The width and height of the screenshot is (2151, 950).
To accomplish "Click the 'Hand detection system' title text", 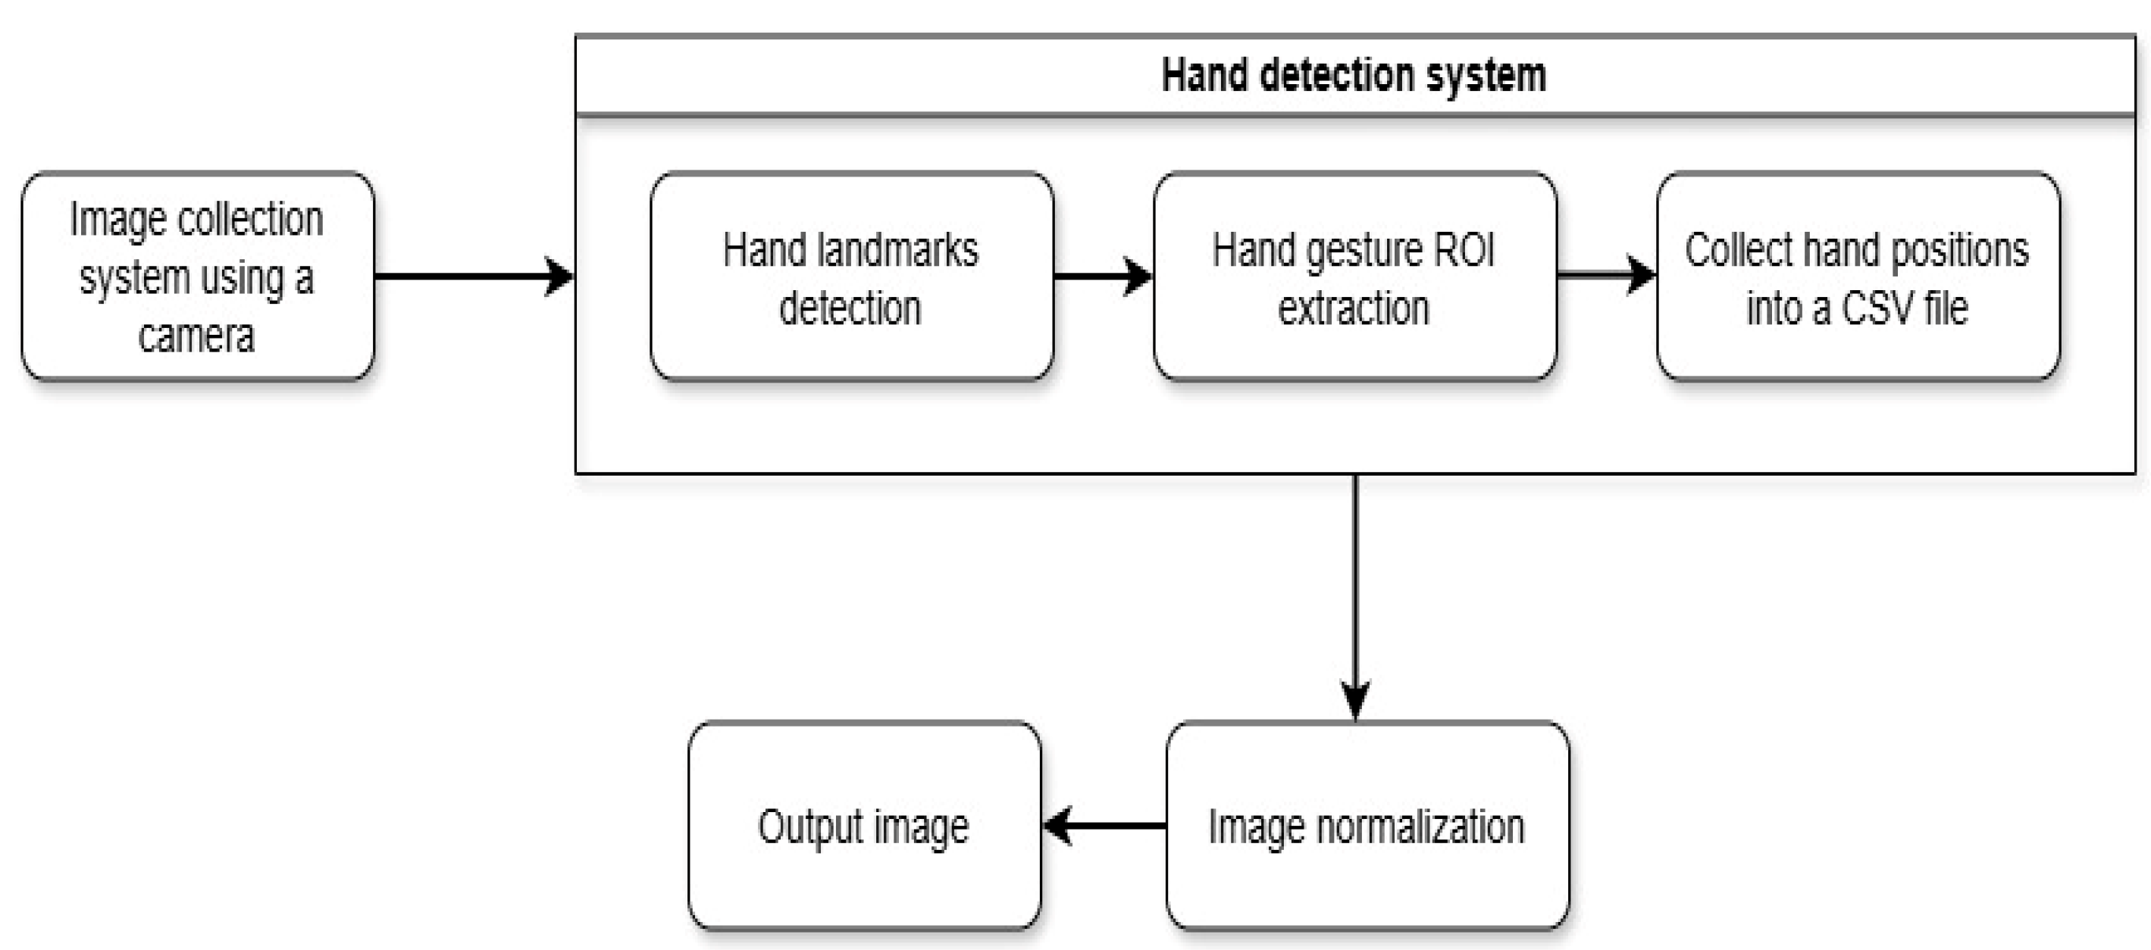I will click(x=1353, y=75).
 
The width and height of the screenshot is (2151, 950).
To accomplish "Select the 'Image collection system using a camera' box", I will click(x=198, y=276).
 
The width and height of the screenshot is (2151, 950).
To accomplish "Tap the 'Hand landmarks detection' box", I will click(x=851, y=276).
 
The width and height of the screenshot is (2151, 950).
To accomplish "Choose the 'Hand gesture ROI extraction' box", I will click(x=1354, y=276).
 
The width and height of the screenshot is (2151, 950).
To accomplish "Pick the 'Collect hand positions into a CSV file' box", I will click(x=1857, y=276).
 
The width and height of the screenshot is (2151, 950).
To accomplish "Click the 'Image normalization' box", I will click(x=1366, y=826).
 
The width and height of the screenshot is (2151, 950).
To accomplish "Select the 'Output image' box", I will click(x=863, y=826).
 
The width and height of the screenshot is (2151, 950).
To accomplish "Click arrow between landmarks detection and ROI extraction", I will click(x=1102, y=276).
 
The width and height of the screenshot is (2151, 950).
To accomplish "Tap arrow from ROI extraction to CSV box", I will click(x=1605, y=273).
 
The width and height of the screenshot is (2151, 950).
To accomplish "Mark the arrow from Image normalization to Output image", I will click(x=1103, y=826).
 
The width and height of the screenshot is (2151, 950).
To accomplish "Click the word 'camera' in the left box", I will click(x=196, y=336).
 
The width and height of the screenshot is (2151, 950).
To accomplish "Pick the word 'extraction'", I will click(x=1354, y=308).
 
